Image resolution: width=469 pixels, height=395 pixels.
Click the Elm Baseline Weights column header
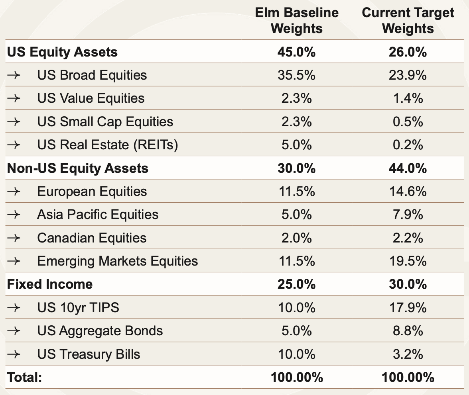coord(296,21)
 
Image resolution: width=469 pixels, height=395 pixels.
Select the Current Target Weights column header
coord(408,21)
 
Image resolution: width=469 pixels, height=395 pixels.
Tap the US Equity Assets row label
coord(62,52)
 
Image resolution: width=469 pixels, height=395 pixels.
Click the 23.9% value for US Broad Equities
coord(408,75)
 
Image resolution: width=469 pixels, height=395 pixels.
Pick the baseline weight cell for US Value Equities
coord(296,98)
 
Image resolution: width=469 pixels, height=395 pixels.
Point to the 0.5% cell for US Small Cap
coord(408,121)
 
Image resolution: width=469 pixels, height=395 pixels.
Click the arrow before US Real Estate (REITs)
coord(14,145)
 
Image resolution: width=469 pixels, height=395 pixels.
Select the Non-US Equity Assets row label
coord(78,168)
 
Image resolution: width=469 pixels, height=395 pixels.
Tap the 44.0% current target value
coord(408,168)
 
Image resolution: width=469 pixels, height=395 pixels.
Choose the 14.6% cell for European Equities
coord(408,192)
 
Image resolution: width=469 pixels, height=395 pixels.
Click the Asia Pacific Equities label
coord(98,215)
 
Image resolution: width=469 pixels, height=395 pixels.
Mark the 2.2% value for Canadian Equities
coord(408,238)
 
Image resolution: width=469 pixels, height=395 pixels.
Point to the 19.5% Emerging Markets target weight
coord(408,261)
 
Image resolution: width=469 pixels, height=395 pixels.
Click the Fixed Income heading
coord(50,284)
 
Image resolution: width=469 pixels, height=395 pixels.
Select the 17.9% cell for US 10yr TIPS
coord(408,308)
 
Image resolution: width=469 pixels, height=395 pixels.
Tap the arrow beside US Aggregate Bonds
coord(14,331)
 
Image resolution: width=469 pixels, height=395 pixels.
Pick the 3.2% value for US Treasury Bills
coord(408,354)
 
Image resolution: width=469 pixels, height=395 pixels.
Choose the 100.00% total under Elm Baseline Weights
coord(296,377)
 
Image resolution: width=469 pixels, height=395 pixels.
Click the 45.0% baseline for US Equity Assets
coord(296,52)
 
